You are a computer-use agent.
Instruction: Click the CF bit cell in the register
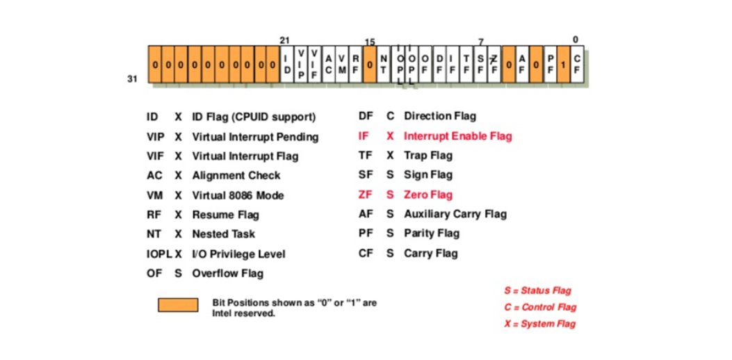click(x=577, y=65)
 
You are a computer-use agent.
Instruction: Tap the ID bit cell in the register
click(x=287, y=65)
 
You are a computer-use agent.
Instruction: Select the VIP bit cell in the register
click(x=301, y=65)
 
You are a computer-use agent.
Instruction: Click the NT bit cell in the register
click(x=384, y=65)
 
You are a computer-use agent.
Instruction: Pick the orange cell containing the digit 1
click(x=564, y=65)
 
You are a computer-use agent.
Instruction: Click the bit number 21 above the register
click(x=284, y=40)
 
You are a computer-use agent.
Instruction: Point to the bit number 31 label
click(x=132, y=79)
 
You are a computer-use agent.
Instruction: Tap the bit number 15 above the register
click(x=370, y=42)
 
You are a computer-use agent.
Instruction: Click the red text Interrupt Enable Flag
click(x=457, y=136)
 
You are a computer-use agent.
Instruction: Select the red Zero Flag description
click(x=428, y=195)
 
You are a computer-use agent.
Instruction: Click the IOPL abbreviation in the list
click(x=158, y=254)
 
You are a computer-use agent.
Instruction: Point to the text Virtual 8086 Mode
click(x=238, y=195)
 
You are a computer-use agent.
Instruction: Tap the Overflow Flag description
click(x=227, y=273)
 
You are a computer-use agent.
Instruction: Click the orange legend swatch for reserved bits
click(x=178, y=304)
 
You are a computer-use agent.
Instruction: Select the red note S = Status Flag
click(x=537, y=291)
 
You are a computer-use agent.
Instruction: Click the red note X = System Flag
click(x=539, y=324)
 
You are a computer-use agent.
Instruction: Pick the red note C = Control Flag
click(x=540, y=307)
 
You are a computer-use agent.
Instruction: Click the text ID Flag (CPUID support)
click(x=253, y=117)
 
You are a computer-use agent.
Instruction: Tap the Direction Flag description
click(x=439, y=116)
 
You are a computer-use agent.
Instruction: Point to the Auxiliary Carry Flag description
click(x=455, y=214)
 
